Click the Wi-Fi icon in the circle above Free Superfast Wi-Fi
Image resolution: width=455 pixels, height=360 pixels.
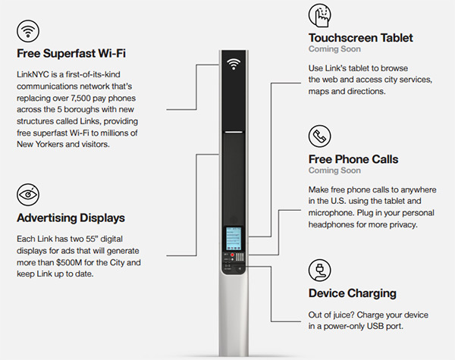[x=28, y=31]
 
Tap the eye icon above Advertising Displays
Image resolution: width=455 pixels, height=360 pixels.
[x=28, y=194]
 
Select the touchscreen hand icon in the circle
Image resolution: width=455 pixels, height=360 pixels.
[x=320, y=16]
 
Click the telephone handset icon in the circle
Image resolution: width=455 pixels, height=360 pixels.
[x=320, y=136]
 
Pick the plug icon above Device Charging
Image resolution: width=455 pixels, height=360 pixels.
[x=320, y=270]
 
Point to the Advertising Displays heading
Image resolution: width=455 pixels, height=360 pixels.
[x=71, y=218]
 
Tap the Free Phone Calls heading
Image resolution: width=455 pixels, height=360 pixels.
[x=353, y=159]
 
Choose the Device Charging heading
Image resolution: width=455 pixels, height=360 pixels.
[x=351, y=293]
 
